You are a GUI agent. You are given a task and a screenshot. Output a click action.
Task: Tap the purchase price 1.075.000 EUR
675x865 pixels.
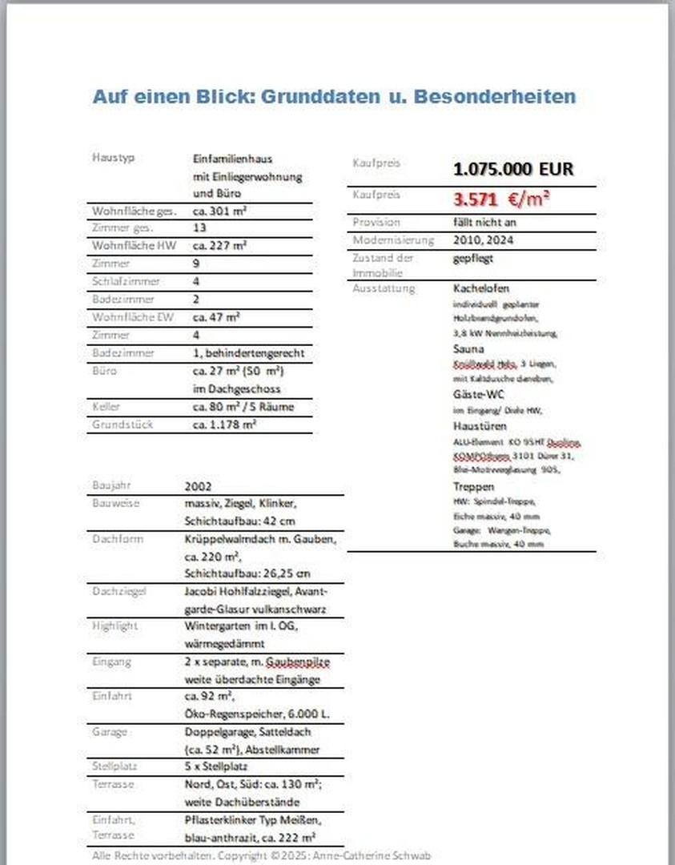(x=513, y=169)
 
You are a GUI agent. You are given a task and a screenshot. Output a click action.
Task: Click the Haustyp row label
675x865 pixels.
(x=113, y=158)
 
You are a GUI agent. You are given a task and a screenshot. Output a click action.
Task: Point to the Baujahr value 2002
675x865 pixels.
(x=198, y=486)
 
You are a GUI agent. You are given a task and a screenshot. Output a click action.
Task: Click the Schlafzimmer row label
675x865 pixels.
(x=126, y=282)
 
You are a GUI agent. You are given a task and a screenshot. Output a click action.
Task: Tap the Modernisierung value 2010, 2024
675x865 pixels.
(x=484, y=239)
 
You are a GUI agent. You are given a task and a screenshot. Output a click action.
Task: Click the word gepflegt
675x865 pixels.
(x=472, y=258)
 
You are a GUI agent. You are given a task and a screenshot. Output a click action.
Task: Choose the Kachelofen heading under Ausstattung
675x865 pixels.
(x=480, y=288)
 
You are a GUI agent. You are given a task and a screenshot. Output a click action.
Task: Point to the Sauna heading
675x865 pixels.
(x=468, y=349)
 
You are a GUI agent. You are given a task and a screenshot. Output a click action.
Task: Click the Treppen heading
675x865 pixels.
(x=473, y=486)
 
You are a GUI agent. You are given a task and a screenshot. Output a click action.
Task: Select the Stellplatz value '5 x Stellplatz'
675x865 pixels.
(x=219, y=766)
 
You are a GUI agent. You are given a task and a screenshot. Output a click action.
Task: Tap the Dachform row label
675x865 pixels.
(x=118, y=538)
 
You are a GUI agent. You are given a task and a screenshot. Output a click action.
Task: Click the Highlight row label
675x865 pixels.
(x=115, y=626)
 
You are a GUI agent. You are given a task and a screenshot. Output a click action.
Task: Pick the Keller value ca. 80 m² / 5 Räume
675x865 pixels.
(x=243, y=407)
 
